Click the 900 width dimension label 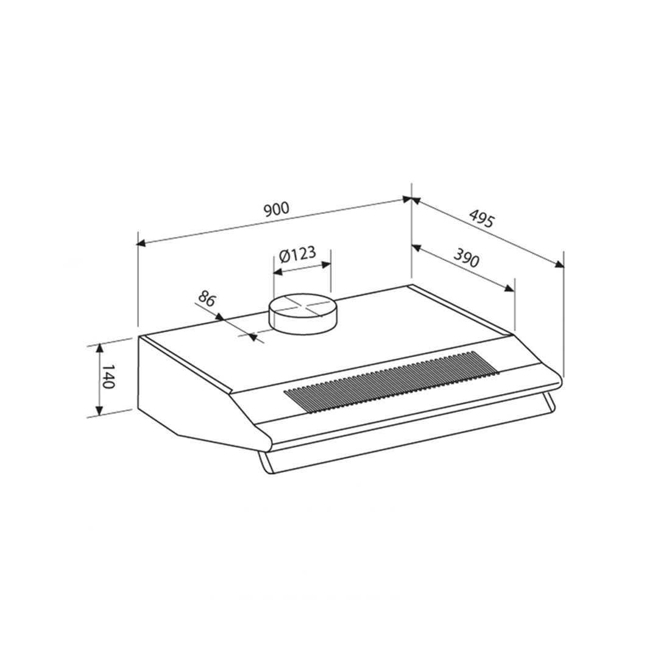(x=277, y=208)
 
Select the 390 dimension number (x=467, y=257)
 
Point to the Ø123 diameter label (x=297, y=254)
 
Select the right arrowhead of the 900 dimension (x=406, y=199)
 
